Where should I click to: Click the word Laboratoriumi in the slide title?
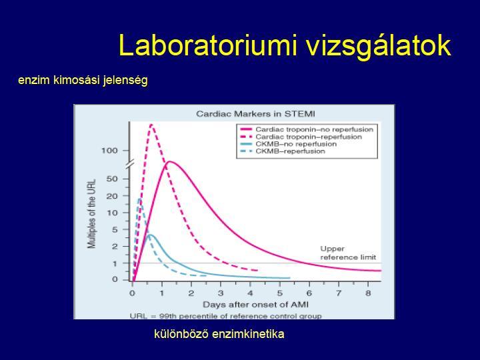(207, 46)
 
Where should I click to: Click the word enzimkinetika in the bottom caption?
(248, 334)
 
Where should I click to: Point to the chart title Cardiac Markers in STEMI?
(255, 114)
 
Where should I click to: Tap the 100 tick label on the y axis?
(109, 151)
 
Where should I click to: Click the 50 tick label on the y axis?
(112, 179)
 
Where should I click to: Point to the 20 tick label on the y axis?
(112, 196)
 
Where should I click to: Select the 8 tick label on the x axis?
(368, 293)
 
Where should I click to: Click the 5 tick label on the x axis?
(280, 293)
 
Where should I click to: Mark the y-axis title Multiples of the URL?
(91, 214)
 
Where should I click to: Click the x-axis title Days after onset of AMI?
(255, 305)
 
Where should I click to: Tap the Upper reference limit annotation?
(348, 253)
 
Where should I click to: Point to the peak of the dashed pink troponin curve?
(151, 124)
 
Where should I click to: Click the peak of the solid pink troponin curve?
(169, 161)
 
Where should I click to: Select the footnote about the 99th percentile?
(226, 315)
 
